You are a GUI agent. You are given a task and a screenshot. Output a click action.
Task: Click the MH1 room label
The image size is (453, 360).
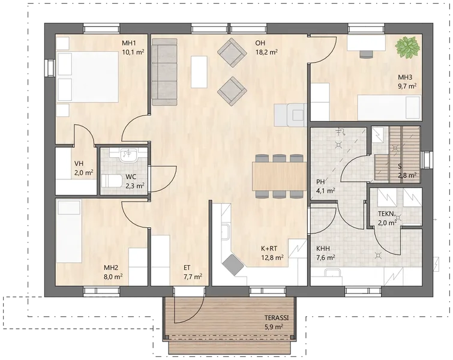tap(129, 43)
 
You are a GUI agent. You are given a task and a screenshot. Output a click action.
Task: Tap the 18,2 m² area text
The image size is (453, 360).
tap(266, 52)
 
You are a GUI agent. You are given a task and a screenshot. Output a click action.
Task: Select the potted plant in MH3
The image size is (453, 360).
tap(407, 47)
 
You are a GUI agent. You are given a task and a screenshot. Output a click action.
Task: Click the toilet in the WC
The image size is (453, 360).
tap(112, 181)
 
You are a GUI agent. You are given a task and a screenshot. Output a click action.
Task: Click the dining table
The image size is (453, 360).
tap(279, 176)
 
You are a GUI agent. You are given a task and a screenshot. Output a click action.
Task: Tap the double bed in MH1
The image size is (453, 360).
tap(88, 77)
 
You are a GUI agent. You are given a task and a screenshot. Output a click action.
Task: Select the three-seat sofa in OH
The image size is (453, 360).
tap(164, 71)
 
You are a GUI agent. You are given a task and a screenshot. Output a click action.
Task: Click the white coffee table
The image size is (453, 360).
tap(199, 71)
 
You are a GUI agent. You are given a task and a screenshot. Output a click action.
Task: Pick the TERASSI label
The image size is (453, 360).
tap(277, 318)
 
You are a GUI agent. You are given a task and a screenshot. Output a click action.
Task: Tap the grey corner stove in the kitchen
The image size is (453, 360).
tap(233, 265)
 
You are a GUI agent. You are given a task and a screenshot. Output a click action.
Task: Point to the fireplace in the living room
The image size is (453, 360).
tap(290, 115)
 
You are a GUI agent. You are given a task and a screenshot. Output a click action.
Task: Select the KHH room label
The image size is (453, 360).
tap(323, 248)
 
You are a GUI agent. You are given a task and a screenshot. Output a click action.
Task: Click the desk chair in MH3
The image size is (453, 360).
tap(367, 54)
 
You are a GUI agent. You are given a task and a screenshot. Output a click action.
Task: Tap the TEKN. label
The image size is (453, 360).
tap(386, 214)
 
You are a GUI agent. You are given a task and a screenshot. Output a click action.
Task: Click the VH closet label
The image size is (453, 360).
tap(79, 164)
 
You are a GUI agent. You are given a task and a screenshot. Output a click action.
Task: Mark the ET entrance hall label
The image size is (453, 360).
tap(187, 268)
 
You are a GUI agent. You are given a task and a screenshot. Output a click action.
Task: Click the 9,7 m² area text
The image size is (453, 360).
tap(407, 86)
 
